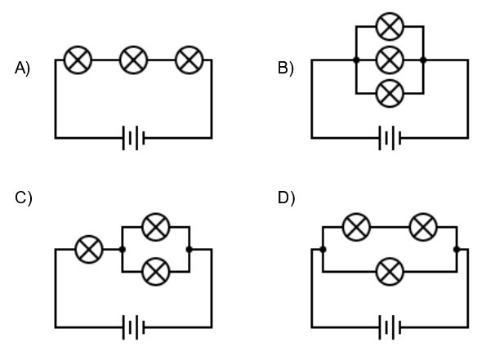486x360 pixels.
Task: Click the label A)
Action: click(x=22, y=68)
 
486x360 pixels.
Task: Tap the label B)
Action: click(x=285, y=68)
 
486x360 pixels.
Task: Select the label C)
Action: click(x=23, y=198)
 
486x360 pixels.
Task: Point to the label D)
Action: click(x=286, y=198)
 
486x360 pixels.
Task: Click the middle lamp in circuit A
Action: click(x=134, y=60)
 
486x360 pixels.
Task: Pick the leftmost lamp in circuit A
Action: click(x=78, y=60)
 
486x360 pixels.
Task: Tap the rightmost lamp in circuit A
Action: click(x=189, y=60)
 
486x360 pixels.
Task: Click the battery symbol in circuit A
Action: click(x=134, y=138)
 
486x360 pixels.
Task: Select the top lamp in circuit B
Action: click(x=390, y=27)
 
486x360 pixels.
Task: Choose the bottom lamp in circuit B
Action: click(x=390, y=93)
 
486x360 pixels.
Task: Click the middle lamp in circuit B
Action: click(x=390, y=60)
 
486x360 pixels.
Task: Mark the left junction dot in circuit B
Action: click(x=356, y=60)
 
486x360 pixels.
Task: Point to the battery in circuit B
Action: click(x=390, y=138)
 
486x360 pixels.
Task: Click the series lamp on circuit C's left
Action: click(x=89, y=249)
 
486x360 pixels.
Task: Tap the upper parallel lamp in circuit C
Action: click(x=156, y=227)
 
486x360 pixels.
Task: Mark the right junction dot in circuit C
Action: click(x=189, y=249)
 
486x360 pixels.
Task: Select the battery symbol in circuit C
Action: click(x=134, y=327)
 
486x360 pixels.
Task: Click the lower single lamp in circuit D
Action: click(x=390, y=272)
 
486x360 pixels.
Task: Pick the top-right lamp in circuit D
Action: click(x=423, y=227)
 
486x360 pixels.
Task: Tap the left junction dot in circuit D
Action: click(x=323, y=249)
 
